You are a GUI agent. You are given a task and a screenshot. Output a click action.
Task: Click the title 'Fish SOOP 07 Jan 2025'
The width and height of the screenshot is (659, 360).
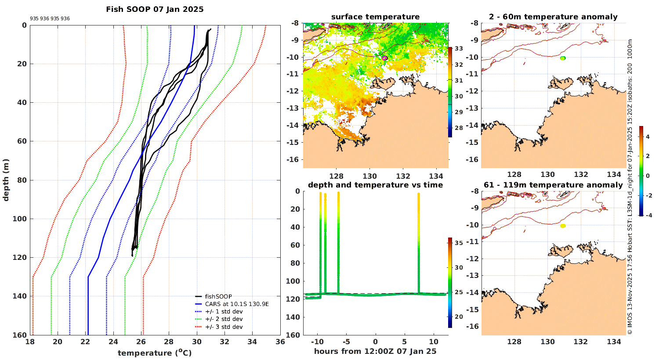pyautogui.click(x=155, y=9)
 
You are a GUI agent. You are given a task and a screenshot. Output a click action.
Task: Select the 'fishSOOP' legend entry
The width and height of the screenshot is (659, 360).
pyautogui.click(x=218, y=297)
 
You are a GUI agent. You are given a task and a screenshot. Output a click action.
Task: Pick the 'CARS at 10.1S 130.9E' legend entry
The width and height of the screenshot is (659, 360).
pyautogui.click(x=237, y=304)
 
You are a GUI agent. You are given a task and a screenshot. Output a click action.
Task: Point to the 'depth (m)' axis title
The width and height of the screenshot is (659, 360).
pyautogui.click(x=6, y=180)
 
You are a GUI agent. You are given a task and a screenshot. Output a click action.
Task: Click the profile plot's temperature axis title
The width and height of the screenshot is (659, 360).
pyautogui.click(x=155, y=353)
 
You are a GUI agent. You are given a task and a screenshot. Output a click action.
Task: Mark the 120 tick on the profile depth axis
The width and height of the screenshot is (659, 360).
pyautogui.click(x=21, y=257)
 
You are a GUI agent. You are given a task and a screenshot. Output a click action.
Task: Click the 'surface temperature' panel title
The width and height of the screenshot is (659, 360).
pyautogui.click(x=375, y=17)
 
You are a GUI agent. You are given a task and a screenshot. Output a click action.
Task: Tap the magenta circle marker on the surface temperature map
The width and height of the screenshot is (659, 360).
pyautogui.click(x=384, y=58)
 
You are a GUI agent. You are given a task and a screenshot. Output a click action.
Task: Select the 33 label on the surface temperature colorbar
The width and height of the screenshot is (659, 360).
pyautogui.click(x=458, y=49)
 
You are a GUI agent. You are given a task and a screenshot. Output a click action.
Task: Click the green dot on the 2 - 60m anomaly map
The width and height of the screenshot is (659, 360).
pyautogui.click(x=563, y=58)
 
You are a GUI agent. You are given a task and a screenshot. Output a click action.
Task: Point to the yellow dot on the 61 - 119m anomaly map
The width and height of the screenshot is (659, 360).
pyautogui.click(x=563, y=226)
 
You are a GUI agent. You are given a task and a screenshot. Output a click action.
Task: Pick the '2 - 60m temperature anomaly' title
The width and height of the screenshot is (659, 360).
pyautogui.click(x=553, y=17)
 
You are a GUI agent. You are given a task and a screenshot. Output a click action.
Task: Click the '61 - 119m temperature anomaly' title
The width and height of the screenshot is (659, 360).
pyautogui.click(x=553, y=185)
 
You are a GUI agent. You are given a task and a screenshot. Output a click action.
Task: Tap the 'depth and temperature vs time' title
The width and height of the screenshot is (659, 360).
pyautogui.click(x=375, y=185)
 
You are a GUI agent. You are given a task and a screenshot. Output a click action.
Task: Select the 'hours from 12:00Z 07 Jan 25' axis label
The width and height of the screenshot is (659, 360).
pyautogui.click(x=375, y=351)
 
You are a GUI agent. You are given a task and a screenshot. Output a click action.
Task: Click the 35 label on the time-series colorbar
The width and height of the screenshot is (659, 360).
pyautogui.click(x=458, y=243)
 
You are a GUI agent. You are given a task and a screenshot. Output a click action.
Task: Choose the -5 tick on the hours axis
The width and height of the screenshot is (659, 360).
pyautogui.click(x=345, y=342)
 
